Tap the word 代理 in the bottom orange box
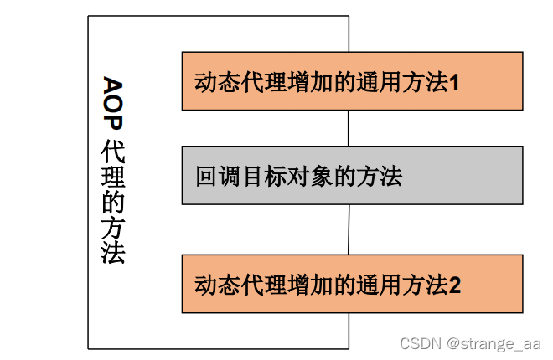pos(260,285)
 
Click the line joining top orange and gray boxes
pos(349,128)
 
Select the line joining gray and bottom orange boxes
pos(349,229)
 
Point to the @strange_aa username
pos(494,343)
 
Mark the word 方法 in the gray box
pos(380,177)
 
